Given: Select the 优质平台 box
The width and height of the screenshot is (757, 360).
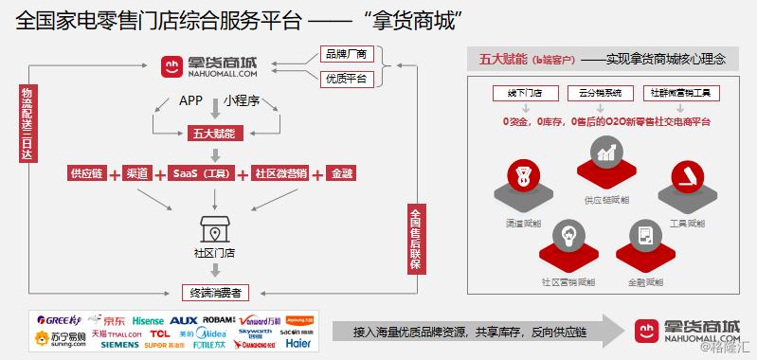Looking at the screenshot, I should pos(347,78).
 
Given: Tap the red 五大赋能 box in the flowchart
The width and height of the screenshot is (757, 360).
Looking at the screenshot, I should pos(215,133).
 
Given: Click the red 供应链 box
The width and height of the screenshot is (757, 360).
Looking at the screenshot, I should pos(88,173).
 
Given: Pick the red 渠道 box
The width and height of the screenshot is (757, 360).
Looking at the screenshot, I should pos(137,173).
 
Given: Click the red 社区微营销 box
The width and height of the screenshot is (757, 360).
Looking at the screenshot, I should pos(281,173).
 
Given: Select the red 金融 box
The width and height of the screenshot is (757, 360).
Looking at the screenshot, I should pos(340,173).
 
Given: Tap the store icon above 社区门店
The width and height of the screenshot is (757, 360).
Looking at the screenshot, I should pos(215,230).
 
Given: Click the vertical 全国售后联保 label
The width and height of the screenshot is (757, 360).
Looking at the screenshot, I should pos(414,237).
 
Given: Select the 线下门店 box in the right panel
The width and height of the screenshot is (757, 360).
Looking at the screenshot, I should pos(516,95).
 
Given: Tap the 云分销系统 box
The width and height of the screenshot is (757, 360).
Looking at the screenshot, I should pos(595,95).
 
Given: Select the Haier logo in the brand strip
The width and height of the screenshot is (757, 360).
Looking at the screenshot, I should pos(297,344).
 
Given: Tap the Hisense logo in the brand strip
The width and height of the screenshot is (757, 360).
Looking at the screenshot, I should pos(148,320).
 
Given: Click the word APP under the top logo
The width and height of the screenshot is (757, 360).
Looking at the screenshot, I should pos(190,101).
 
